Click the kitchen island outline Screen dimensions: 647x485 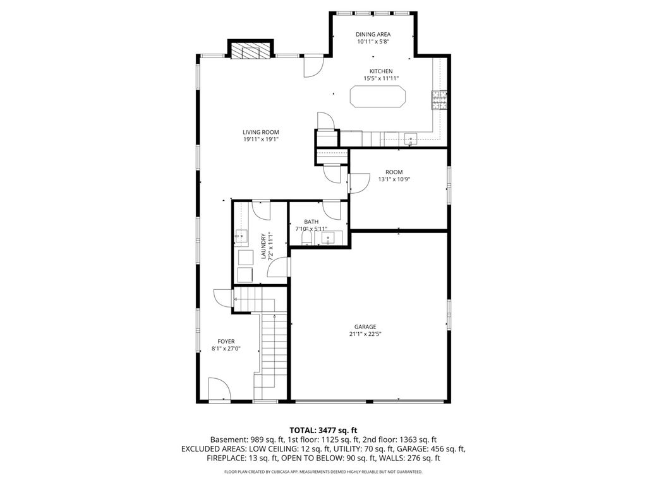(378, 87)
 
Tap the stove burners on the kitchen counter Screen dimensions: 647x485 (440, 100)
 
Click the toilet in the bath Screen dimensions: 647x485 (306, 238)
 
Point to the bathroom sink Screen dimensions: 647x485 (328, 238)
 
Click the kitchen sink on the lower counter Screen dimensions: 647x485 (411, 139)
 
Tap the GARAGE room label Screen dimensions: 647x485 (365, 326)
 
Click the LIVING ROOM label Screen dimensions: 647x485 (261, 132)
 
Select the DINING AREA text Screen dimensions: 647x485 (373, 34)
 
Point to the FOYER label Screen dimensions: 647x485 (226, 341)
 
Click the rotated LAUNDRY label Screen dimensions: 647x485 (263, 246)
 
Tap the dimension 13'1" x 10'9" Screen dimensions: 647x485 (394, 179)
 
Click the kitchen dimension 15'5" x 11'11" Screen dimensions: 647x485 (381, 78)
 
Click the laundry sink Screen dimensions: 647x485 (241, 236)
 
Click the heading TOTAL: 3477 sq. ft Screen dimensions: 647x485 (323, 431)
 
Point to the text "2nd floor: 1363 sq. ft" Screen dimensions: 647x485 (404, 440)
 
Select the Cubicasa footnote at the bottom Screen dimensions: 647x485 (323, 471)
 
